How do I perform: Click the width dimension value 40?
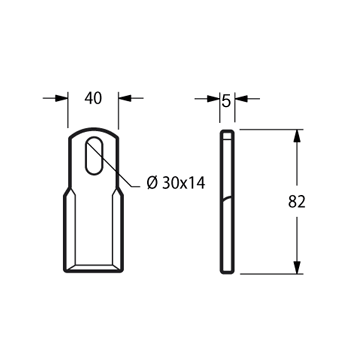pyautogui.click(x=93, y=98)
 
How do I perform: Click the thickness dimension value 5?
pyautogui.click(x=226, y=101)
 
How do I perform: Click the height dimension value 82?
pyautogui.click(x=297, y=202)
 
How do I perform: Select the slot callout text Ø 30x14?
pyautogui.click(x=176, y=183)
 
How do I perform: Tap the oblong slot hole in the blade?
pyautogui.click(x=94, y=155)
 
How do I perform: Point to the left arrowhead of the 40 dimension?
pyautogui.click(x=62, y=98)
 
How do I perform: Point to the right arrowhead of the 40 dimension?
pyautogui.click(x=125, y=98)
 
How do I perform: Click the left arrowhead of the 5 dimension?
pyautogui.click(x=213, y=99)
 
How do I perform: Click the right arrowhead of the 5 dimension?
pyautogui.click(x=241, y=99)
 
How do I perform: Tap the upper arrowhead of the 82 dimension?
pyautogui.click(x=297, y=136)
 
